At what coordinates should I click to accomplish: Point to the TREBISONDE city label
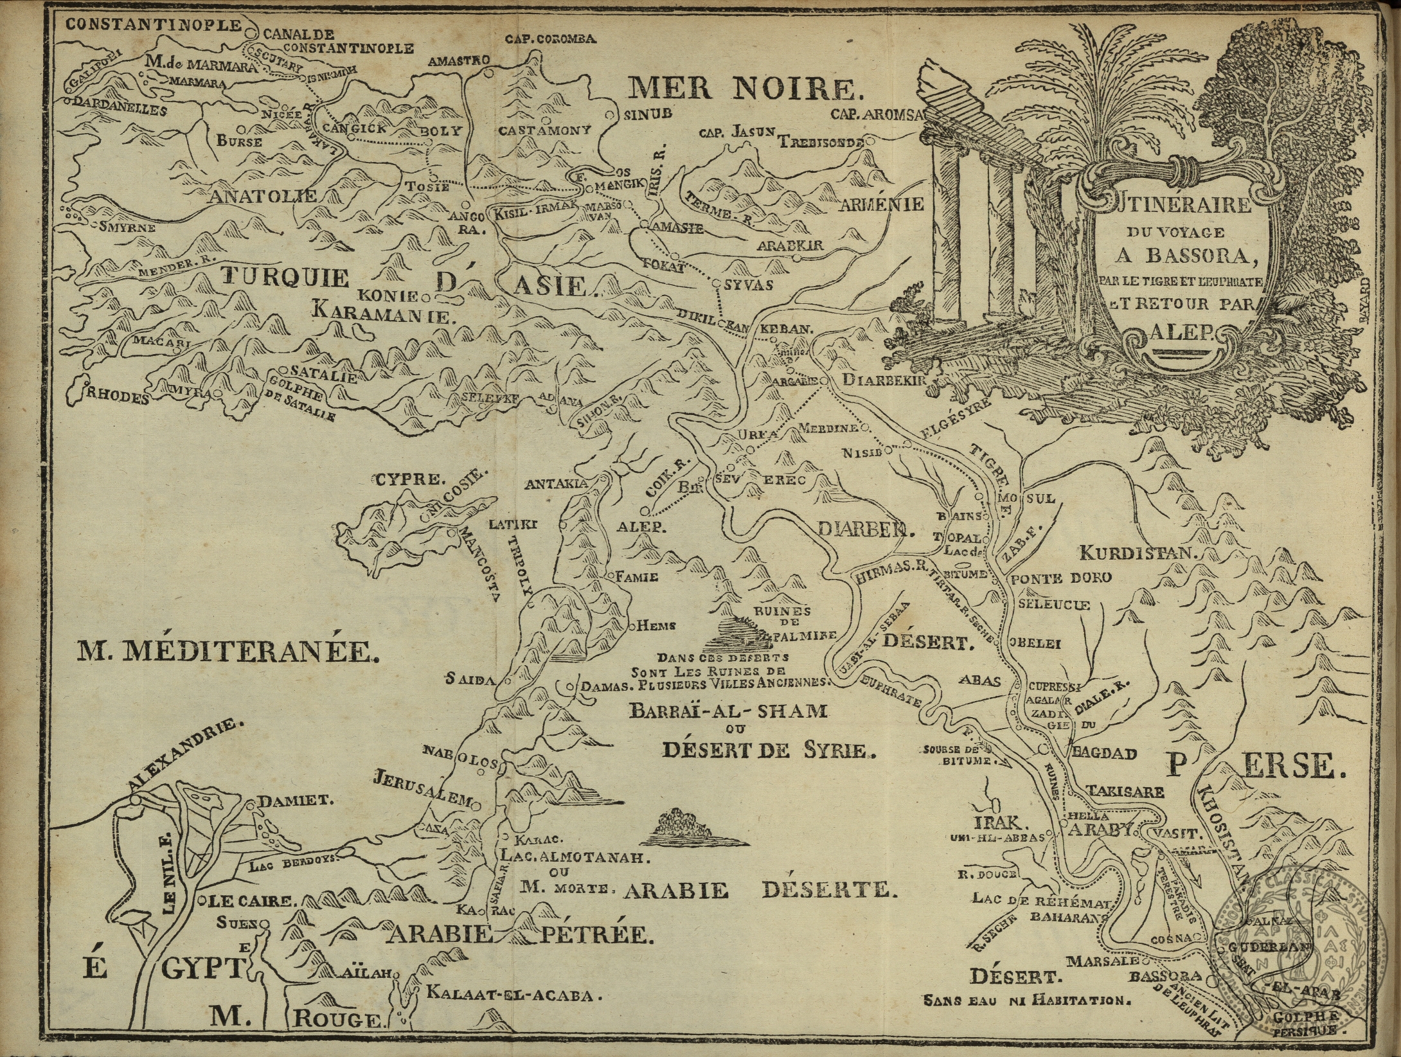click(x=821, y=143)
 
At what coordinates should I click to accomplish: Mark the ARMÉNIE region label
click(x=882, y=204)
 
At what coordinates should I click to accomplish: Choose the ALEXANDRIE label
click(x=186, y=758)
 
